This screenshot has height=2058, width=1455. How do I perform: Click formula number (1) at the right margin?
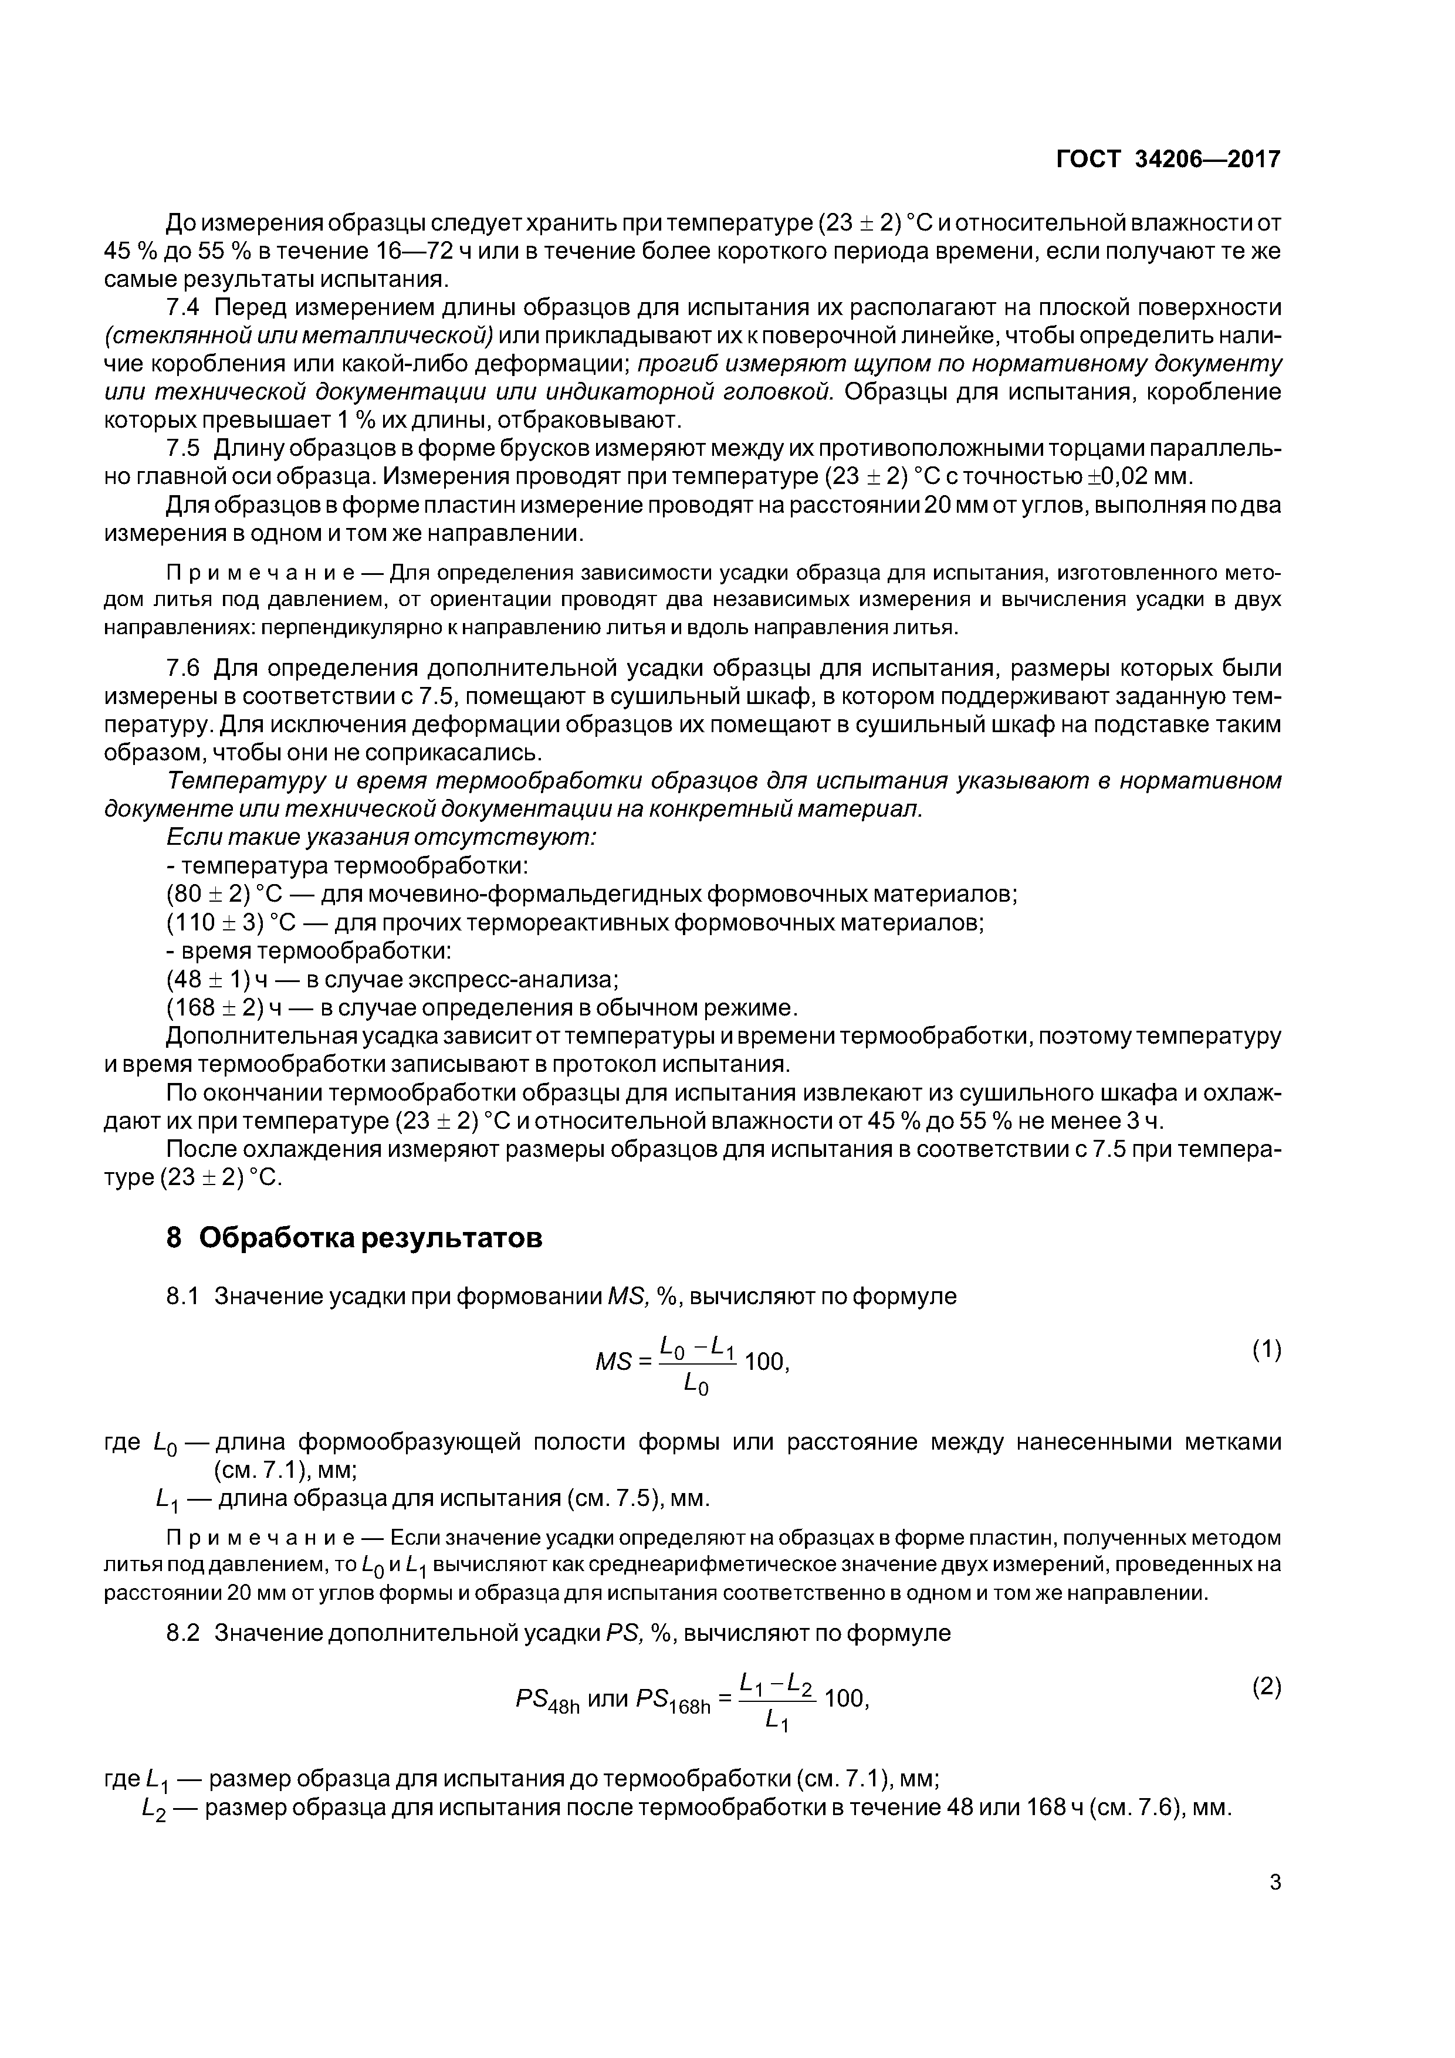click(1267, 1350)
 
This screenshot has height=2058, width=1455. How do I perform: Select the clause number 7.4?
click(187, 307)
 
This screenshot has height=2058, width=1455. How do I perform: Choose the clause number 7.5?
click(187, 448)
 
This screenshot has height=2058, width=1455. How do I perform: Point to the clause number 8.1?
click(187, 1296)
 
